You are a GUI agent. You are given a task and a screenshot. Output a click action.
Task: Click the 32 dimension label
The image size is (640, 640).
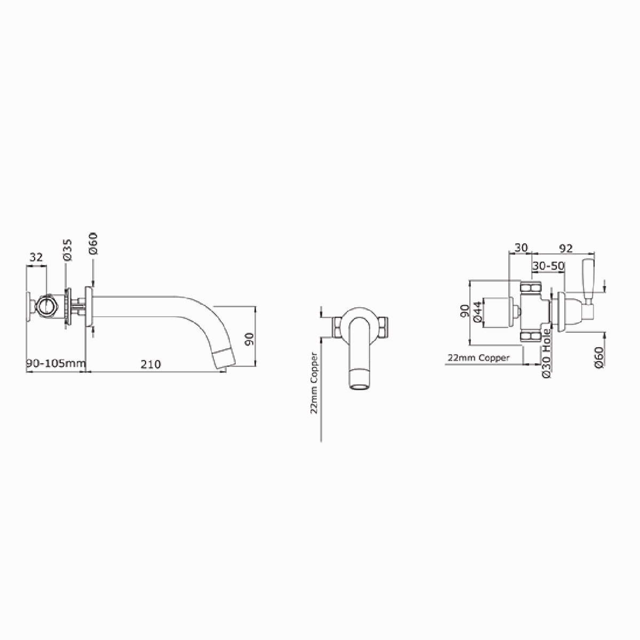36,258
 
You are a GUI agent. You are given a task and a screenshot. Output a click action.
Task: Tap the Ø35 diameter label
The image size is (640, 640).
67,250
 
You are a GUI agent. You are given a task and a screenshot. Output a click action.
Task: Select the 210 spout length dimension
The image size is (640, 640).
151,364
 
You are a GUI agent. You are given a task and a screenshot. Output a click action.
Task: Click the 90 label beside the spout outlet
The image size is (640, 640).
249,339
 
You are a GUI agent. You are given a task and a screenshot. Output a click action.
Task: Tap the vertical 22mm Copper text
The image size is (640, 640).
314,383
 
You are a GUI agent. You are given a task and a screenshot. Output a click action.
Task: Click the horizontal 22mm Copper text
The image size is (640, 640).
478,358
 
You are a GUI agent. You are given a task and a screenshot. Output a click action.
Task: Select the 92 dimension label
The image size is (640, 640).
566,248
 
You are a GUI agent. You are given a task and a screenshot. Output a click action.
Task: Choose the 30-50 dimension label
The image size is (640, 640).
548,266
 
